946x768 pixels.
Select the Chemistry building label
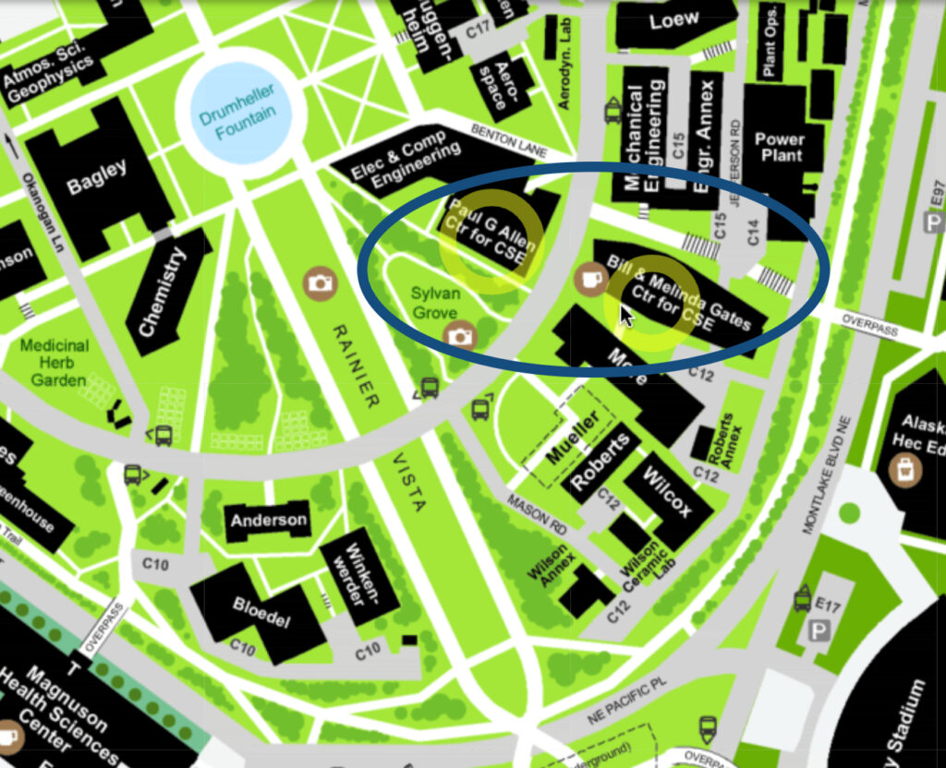point(162,292)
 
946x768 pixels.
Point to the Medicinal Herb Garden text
point(55,362)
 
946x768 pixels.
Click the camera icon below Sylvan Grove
point(460,336)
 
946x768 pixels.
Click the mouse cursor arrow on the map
point(625,315)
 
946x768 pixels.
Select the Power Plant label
point(780,147)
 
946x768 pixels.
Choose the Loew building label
point(673,20)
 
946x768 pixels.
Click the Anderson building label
point(269,521)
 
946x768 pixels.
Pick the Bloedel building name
point(261,610)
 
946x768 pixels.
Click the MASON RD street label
point(537,512)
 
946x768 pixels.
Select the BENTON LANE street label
point(508,140)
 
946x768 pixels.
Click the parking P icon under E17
point(819,632)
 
